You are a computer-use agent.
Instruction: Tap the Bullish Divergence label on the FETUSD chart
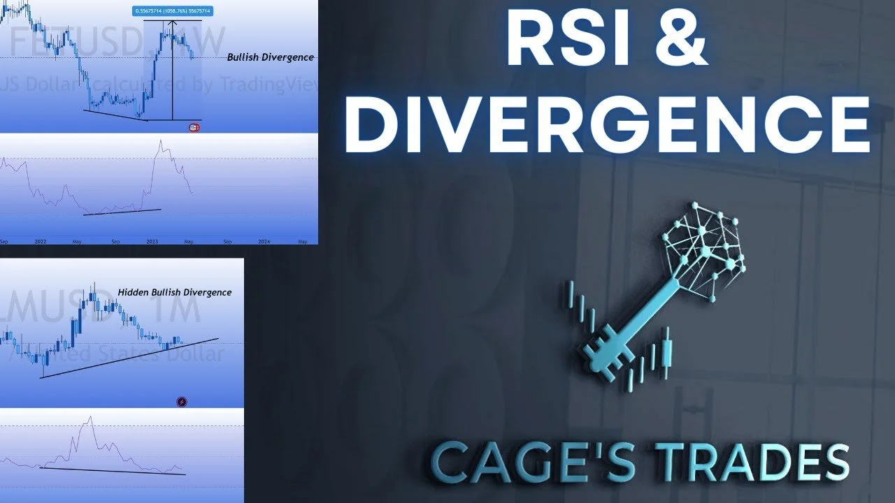270,57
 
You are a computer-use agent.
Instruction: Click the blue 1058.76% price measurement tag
172,10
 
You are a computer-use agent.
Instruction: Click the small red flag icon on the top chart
194,127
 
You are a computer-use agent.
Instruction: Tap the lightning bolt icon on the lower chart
182,402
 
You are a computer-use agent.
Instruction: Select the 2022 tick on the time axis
41,241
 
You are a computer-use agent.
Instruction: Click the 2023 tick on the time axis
152,241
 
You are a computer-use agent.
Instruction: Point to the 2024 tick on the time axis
264,241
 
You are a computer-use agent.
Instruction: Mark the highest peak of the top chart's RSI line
160,141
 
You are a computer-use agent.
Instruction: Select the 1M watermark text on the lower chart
178,310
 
